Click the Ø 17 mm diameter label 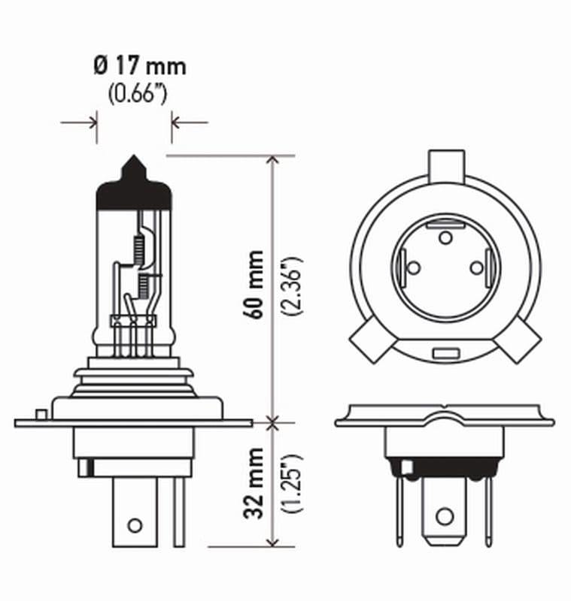pyautogui.click(x=139, y=66)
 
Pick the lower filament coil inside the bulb pyautogui.click(x=142, y=284)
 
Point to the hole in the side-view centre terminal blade pyautogui.click(x=135, y=524)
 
